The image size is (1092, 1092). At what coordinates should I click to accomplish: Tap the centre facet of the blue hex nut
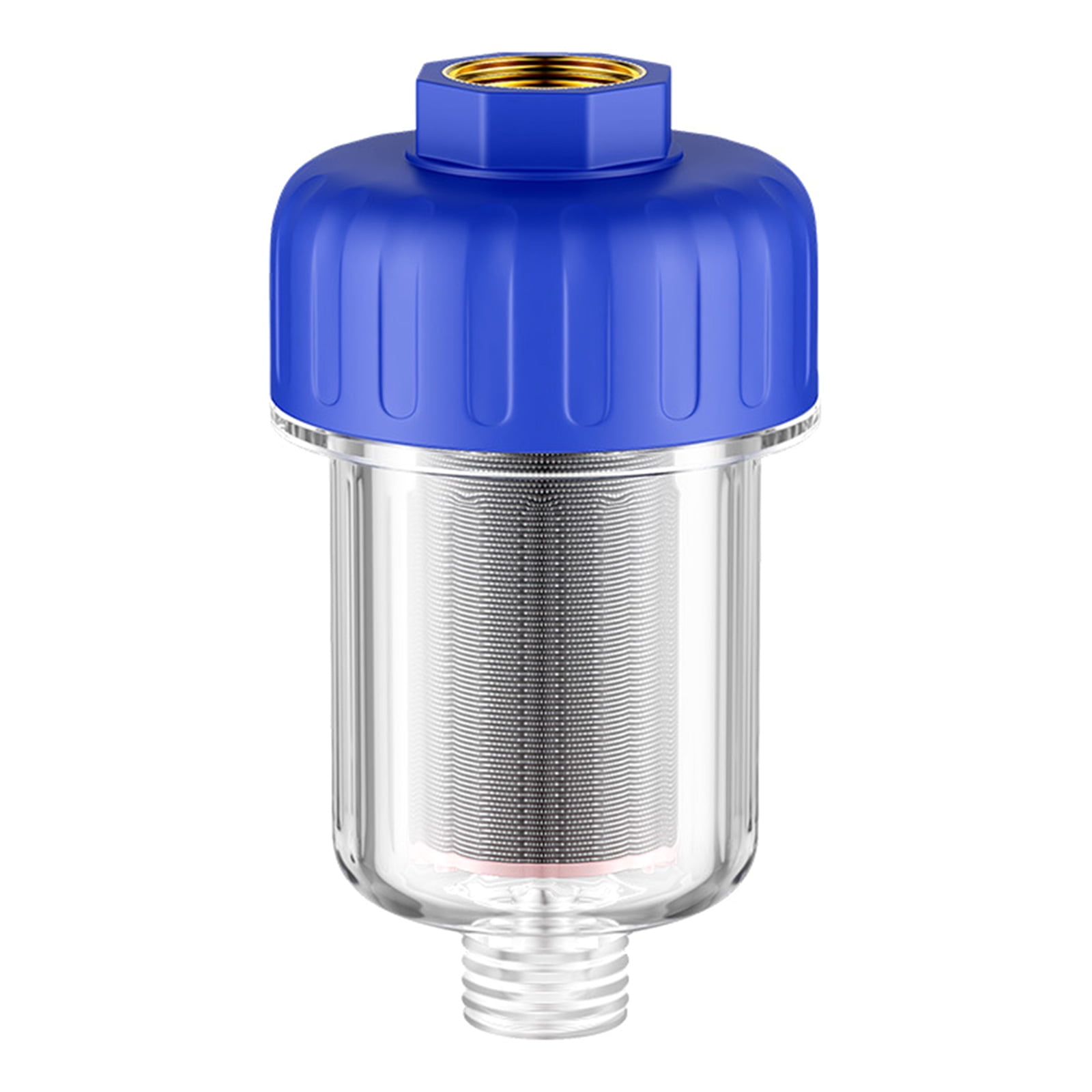tap(546, 126)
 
